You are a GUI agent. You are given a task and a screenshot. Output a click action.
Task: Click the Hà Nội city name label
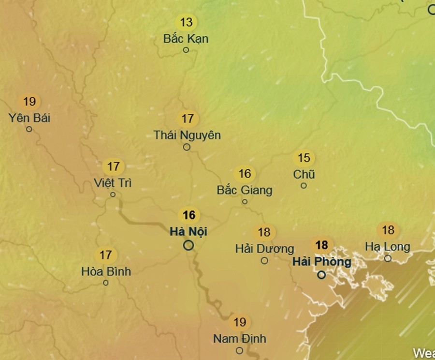[x=188, y=232]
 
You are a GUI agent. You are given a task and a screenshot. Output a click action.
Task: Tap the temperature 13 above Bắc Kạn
[x=186, y=22]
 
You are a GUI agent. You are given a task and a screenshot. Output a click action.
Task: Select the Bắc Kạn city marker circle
[x=186, y=50]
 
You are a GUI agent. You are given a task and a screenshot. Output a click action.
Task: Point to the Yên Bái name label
[x=29, y=118]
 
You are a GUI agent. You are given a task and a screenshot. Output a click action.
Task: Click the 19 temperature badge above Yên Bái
[x=29, y=102]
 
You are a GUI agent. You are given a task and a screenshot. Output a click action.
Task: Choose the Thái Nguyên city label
[x=187, y=135]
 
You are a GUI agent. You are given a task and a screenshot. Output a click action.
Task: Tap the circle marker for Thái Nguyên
[x=187, y=147]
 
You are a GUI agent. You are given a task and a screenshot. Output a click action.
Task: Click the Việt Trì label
[x=113, y=183]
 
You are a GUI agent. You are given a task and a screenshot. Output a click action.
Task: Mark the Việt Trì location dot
[x=113, y=195]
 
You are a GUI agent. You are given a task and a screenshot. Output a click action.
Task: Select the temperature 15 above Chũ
[x=304, y=158]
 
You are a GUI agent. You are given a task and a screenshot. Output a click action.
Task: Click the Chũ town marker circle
[x=304, y=185]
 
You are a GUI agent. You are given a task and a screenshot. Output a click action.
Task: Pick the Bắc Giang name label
[x=245, y=190]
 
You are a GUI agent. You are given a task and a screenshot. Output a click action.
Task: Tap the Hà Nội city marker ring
[x=188, y=245]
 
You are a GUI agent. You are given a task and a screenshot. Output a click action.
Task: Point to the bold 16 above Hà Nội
[x=189, y=215]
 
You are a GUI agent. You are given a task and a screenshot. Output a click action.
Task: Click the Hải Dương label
[x=264, y=249]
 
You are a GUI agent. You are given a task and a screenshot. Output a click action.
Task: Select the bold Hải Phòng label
[x=321, y=262]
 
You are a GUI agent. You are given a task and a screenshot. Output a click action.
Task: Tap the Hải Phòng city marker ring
[x=321, y=275]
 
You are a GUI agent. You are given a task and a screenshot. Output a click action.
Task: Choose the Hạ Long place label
[x=388, y=247]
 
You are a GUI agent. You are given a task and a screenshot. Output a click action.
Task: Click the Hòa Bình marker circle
[x=106, y=283]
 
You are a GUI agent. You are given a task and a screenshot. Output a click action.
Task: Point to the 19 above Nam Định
[x=240, y=322]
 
